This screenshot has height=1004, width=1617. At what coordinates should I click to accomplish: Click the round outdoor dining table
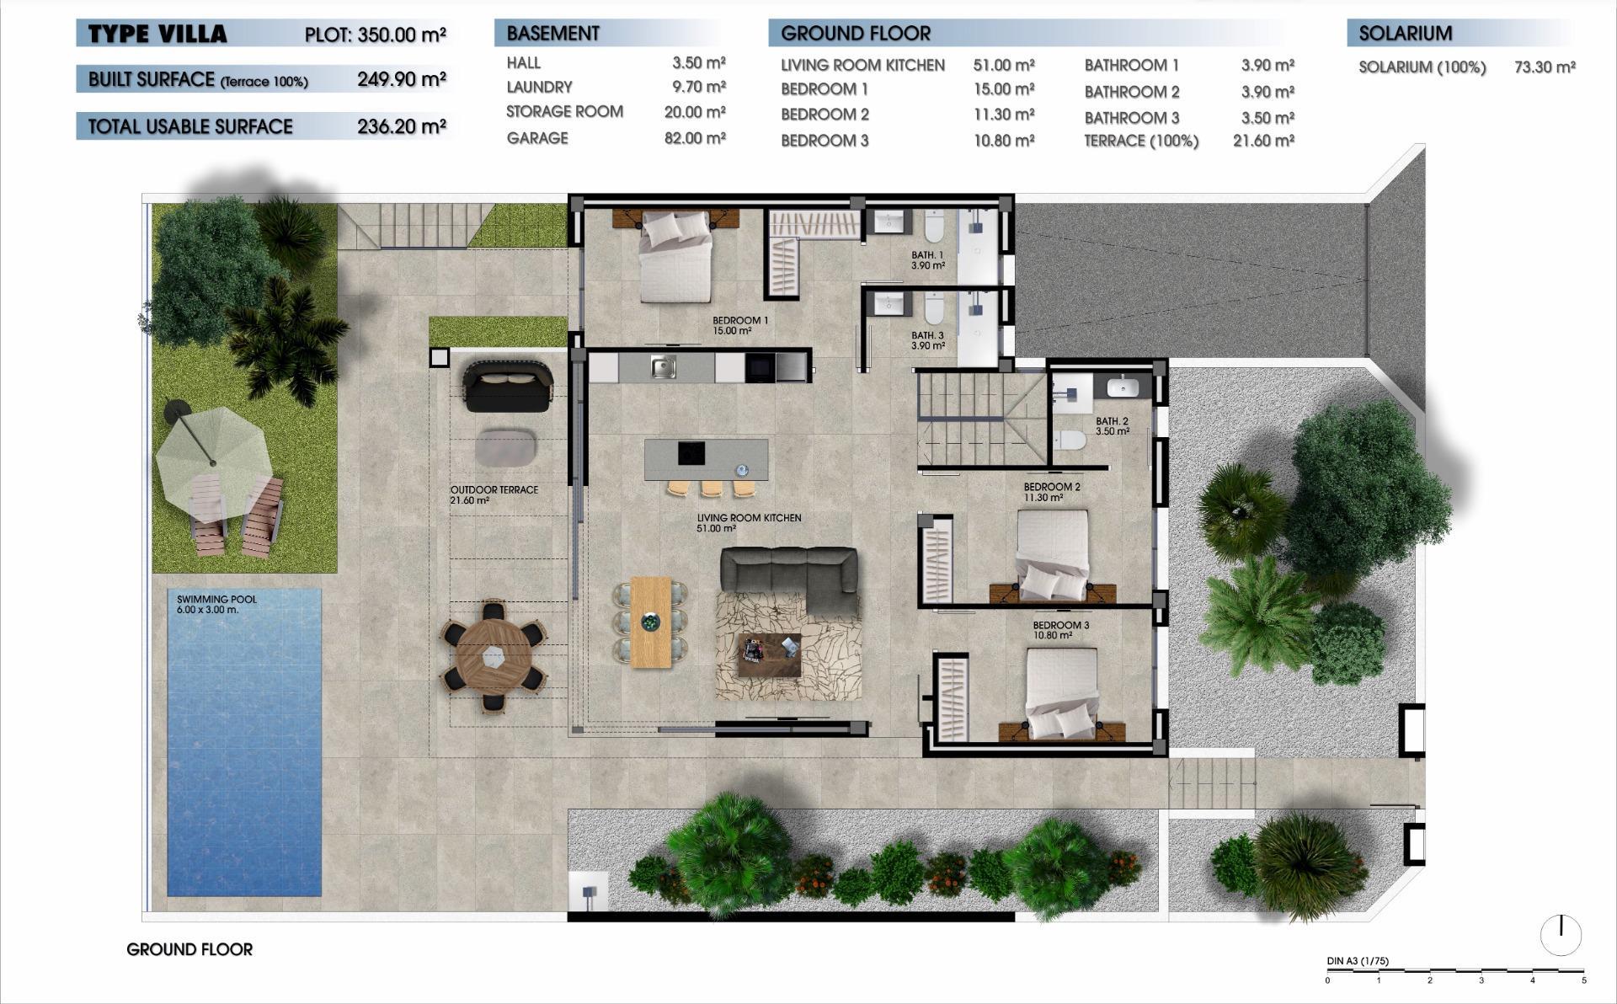494,655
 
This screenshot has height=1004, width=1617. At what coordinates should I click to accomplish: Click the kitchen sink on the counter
664,367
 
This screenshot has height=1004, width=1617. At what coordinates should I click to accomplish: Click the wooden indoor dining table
650,622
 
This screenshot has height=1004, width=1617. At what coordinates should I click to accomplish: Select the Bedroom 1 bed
675,257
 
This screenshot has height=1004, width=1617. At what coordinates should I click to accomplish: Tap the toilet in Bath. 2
1070,440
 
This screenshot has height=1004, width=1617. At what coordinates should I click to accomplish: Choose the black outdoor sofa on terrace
507,386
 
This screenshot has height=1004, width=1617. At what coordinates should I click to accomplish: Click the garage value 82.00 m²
695,138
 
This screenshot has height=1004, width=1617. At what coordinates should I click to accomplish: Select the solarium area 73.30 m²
1544,67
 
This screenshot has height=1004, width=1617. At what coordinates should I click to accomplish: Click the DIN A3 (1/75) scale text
1357,961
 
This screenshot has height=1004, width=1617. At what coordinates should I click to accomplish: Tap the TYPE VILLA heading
157,35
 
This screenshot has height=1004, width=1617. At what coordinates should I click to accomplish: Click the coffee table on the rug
769,654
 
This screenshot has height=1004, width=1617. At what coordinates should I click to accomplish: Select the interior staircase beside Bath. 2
980,419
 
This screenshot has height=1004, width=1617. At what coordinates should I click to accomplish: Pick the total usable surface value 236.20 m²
401,126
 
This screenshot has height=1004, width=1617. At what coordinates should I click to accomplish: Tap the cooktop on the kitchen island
691,453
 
